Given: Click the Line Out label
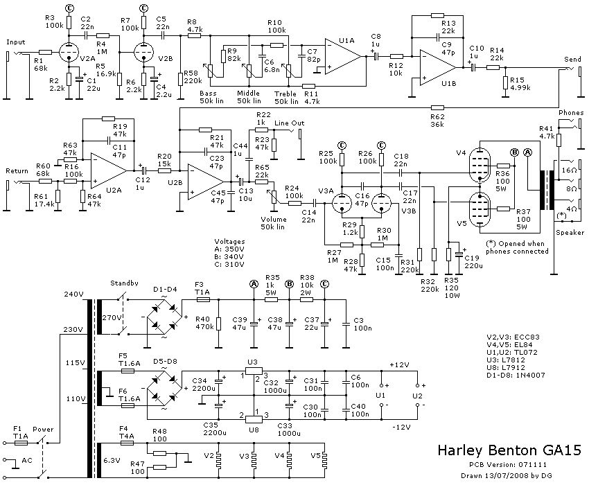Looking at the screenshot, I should (x=288, y=124).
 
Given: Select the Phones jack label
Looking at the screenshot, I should (x=572, y=112).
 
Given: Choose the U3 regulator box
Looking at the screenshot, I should (x=252, y=374).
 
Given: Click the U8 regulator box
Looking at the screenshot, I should (x=252, y=416).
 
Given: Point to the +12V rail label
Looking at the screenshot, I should (x=400, y=364).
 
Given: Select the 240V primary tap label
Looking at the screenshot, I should (x=74, y=293).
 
